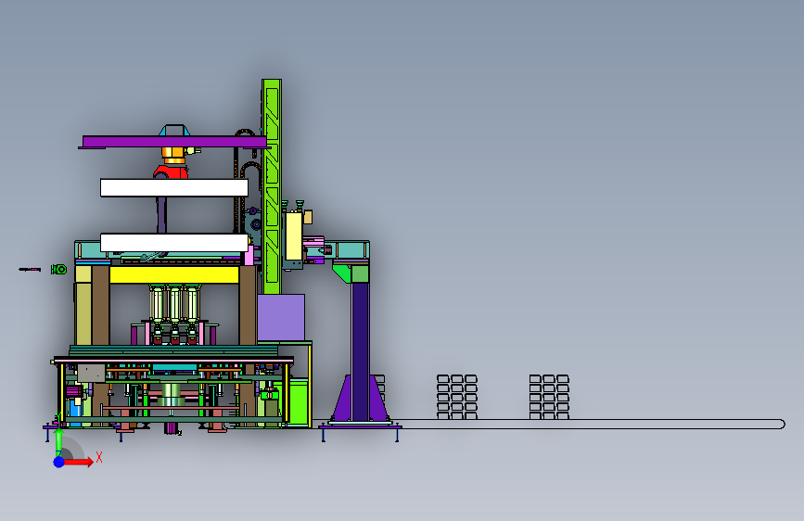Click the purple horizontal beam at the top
click(174, 142)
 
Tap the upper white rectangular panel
click(174, 187)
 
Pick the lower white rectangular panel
click(174, 243)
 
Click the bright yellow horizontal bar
click(174, 274)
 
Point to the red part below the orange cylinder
click(171, 172)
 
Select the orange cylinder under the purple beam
click(173, 155)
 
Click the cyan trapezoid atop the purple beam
click(174, 130)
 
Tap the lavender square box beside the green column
click(281, 317)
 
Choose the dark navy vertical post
click(361, 351)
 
